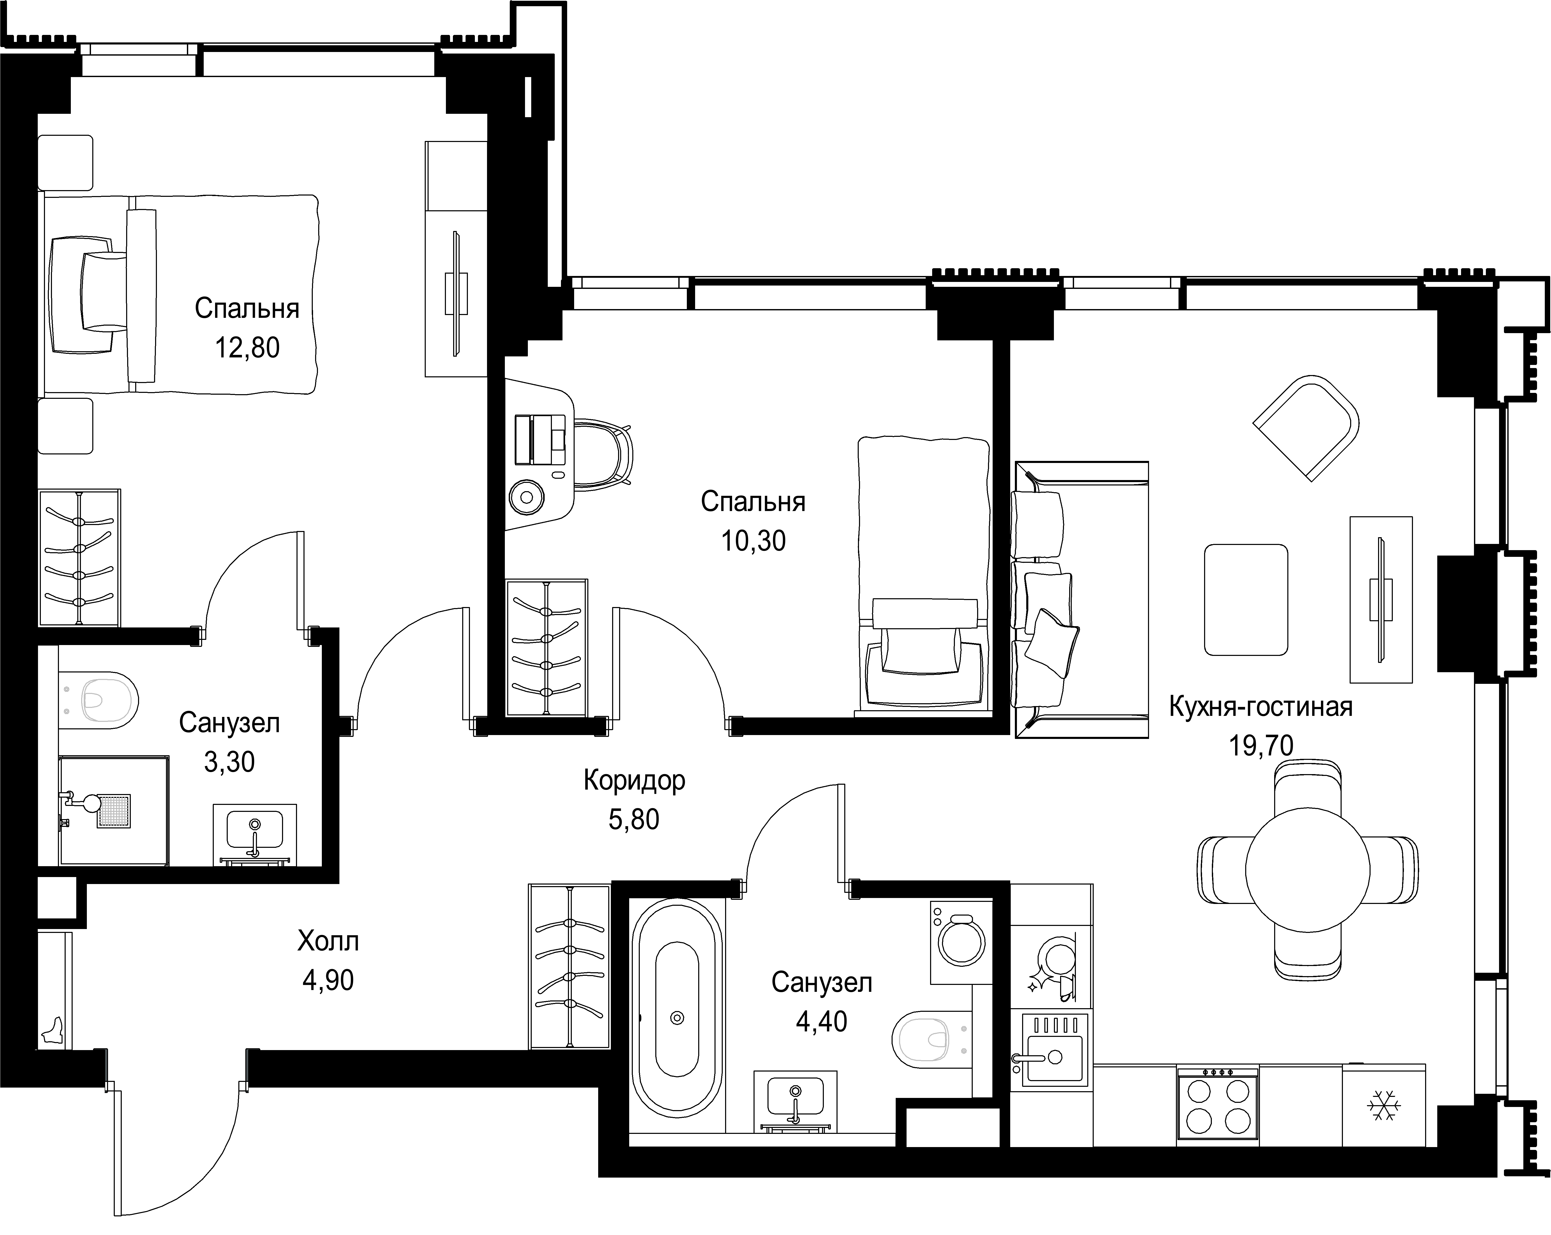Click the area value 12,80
pyautogui.click(x=247, y=348)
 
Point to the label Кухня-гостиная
pyautogui.click(x=1260, y=707)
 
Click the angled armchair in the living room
pyautogui.click(x=1306, y=427)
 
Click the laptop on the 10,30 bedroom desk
pyautogui.click(x=539, y=440)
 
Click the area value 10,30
pyautogui.click(x=753, y=541)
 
